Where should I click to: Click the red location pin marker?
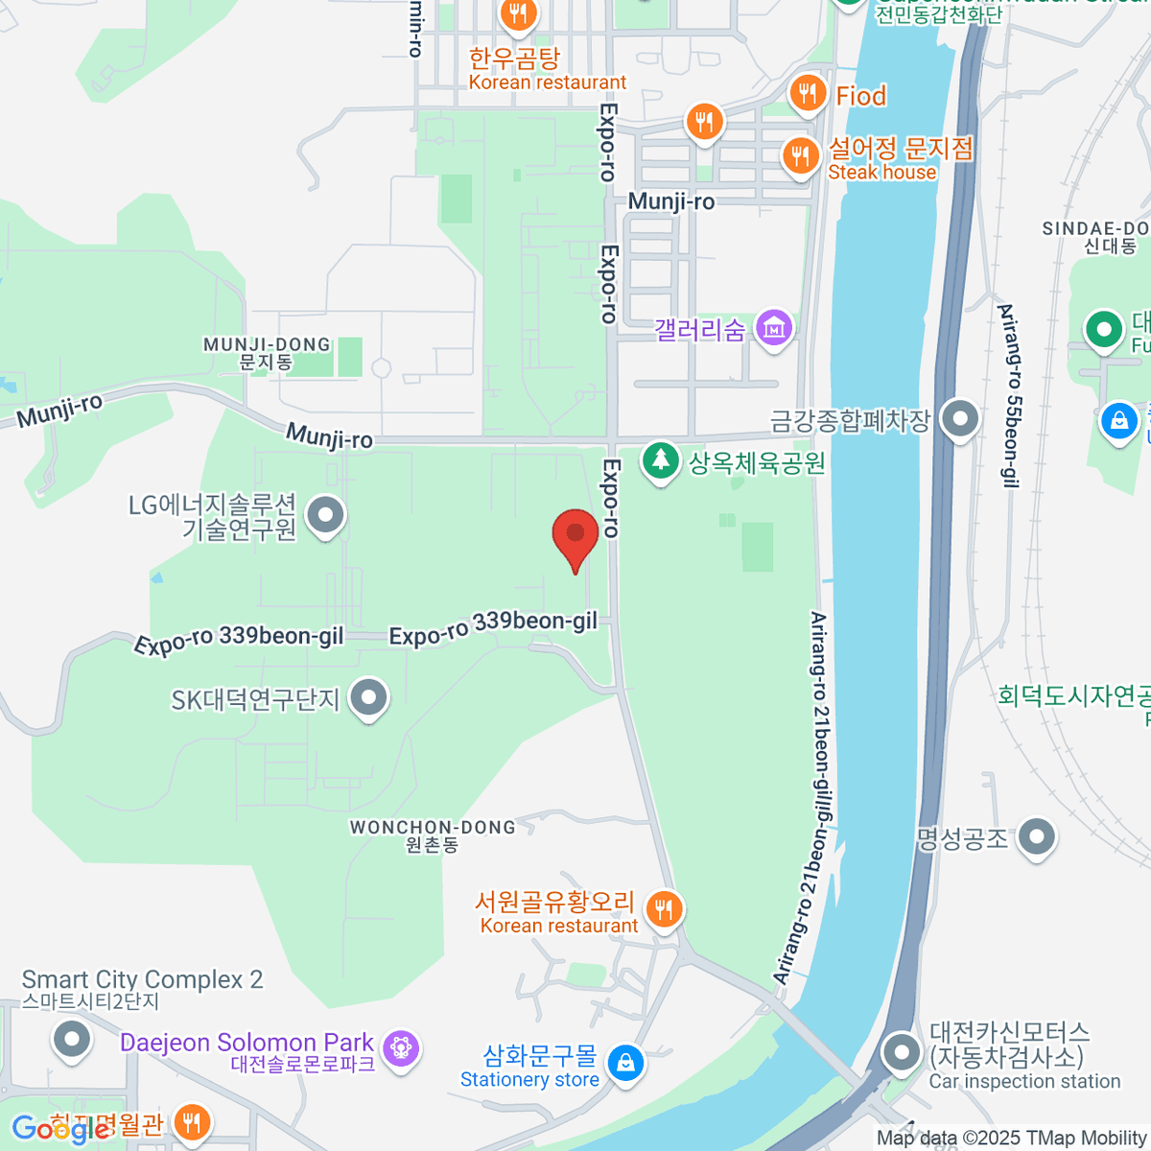click(575, 535)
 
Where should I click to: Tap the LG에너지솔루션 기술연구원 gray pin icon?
click(326, 516)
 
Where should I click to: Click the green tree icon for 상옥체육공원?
click(660, 461)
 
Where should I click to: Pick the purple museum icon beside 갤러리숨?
click(774, 329)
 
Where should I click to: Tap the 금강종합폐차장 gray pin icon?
click(959, 419)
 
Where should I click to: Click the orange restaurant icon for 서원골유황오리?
click(664, 908)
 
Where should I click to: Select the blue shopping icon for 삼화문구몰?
click(625, 1064)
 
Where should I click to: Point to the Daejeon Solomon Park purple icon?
click(401, 1047)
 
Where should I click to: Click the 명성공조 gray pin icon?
click(1037, 837)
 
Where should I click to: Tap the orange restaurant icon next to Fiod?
click(808, 94)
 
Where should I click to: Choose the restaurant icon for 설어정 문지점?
click(800, 155)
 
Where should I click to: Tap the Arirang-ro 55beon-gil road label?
click(1008, 395)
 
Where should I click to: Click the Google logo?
click(59, 1129)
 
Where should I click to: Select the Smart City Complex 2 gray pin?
click(72, 1039)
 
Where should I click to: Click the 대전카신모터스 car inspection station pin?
click(902, 1053)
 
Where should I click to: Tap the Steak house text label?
click(881, 173)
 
